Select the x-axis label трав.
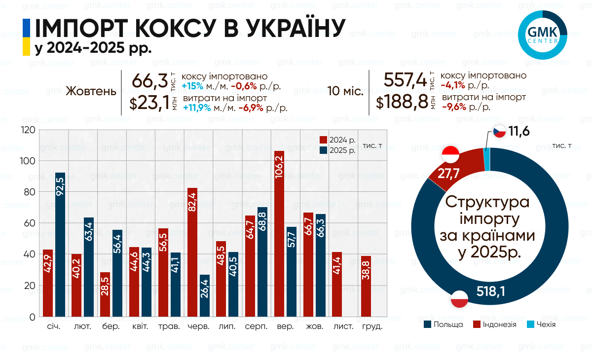[169, 326]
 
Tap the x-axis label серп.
[256, 326]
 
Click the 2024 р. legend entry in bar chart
[338, 140]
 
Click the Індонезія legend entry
[495, 324]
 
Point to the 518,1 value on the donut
[491, 292]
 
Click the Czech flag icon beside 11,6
[499, 132]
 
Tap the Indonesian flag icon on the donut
[450, 154]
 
